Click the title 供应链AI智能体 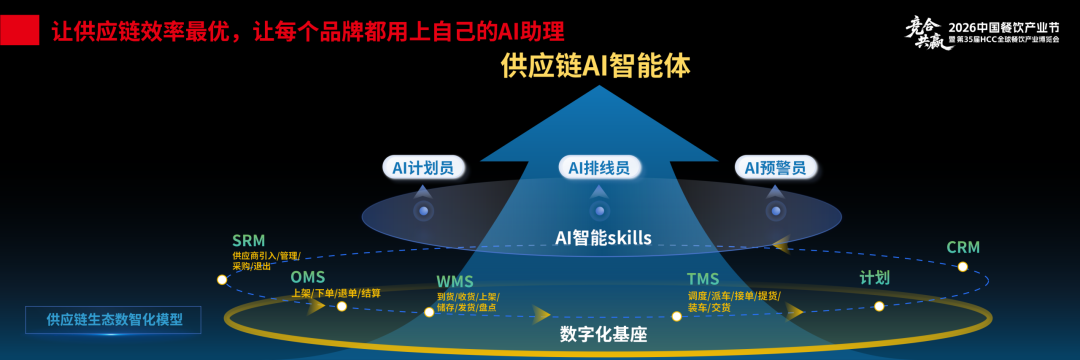point(597,67)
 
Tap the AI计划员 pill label point(423,167)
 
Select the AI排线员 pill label point(599,168)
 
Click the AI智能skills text point(603,237)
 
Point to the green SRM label point(248,241)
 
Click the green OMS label point(307,277)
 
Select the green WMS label point(454,281)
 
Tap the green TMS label point(703,279)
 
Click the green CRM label point(962,247)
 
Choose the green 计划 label point(874,277)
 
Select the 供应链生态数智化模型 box point(114,320)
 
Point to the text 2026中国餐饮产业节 point(1008,24)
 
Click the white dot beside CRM point(962,267)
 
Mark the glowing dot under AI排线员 point(599,210)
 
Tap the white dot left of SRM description point(222,280)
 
